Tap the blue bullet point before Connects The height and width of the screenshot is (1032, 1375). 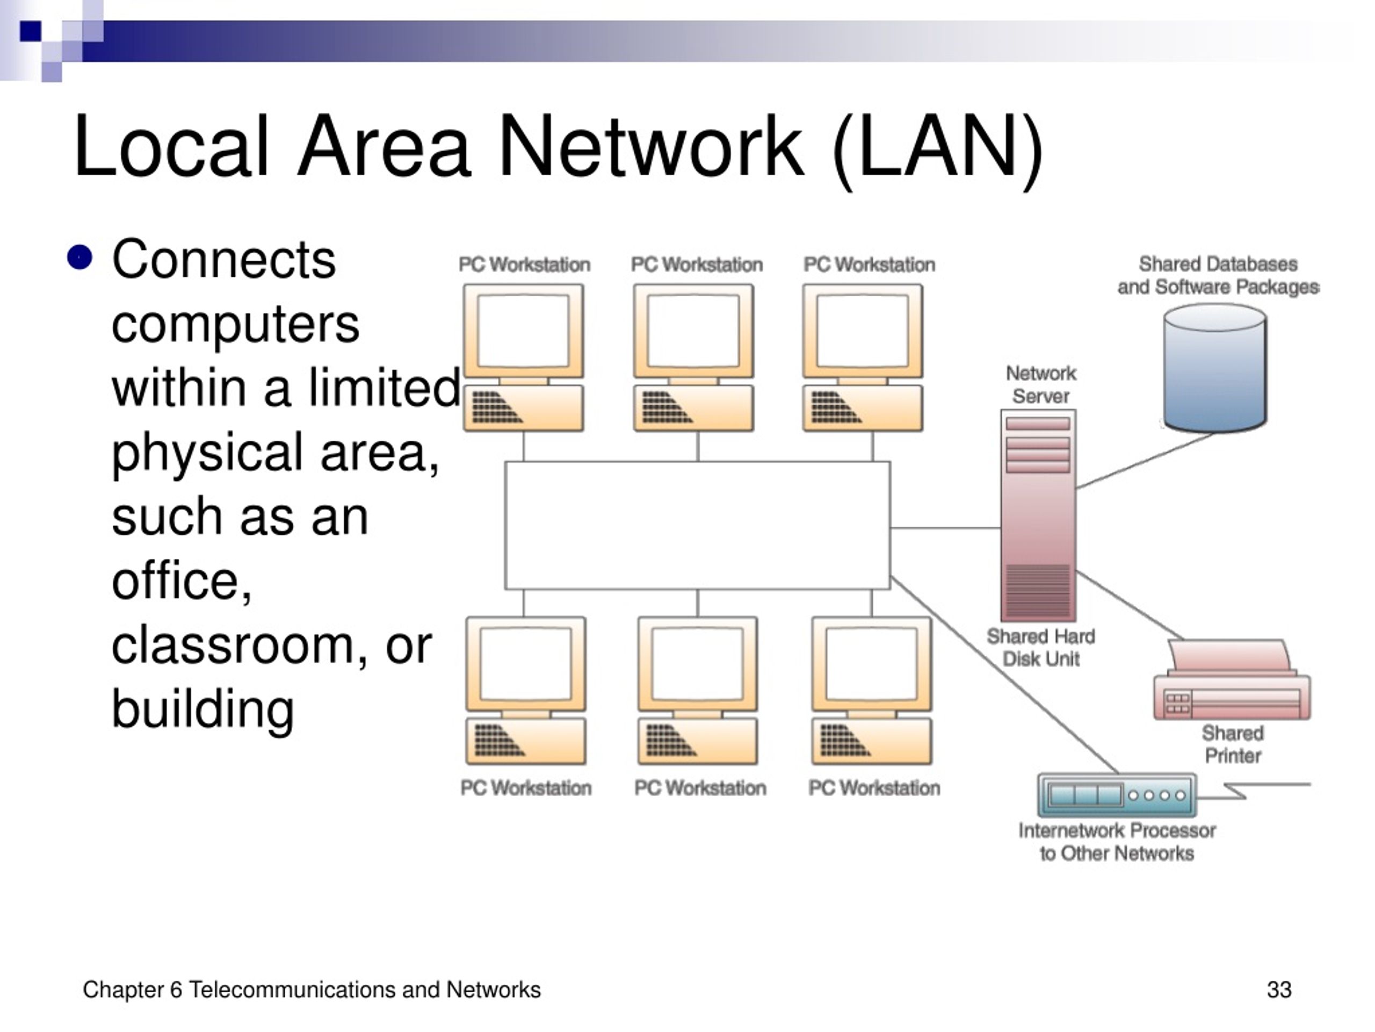[x=79, y=257]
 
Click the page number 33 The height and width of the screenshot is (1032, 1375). [x=1279, y=990]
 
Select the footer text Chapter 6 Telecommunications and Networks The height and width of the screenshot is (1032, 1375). [x=312, y=990]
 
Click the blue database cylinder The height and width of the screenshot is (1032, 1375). [x=1214, y=368]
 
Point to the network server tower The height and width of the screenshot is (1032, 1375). [x=1038, y=515]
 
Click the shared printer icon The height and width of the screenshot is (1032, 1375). [x=1232, y=679]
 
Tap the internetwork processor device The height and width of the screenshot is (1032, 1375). [x=1117, y=795]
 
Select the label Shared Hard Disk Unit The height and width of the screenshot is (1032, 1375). [x=1040, y=648]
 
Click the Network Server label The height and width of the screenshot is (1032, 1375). [x=1040, y=384]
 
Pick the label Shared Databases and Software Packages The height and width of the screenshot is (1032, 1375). [x=1218, y=276]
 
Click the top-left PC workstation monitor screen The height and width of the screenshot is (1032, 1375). [x=523, y=331]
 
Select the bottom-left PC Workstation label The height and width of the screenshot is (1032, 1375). [x=526, y=788]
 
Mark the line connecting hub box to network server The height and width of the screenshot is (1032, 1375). [x=945, y=528]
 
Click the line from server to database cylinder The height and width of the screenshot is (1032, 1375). [x=1145, y=461]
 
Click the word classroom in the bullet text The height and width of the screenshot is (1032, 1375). [x=233, y=646]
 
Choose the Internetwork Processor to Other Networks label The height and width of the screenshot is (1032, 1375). [x=1117, y=842]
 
